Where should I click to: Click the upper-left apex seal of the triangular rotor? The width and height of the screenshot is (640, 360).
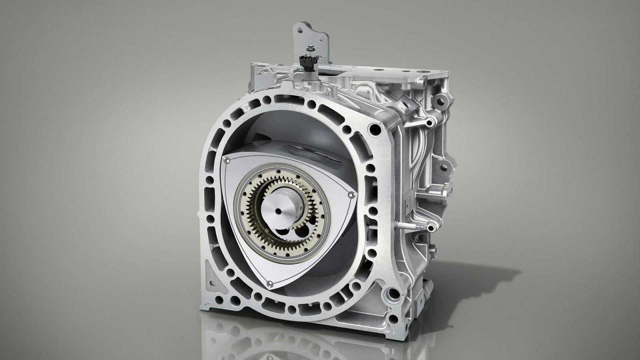tap(227, 160)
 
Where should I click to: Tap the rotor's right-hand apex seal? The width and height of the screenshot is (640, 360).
tap(351, 195)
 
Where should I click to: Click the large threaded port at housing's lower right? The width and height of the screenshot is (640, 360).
tap(392, 294)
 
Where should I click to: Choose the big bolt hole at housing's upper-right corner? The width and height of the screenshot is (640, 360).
tap(375, 129)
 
